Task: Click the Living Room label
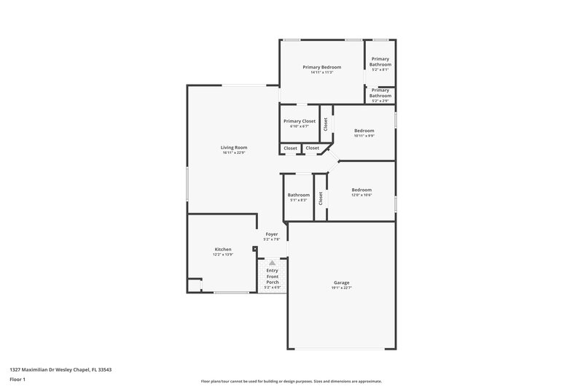pos(234,147)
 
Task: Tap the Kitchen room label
pos(222,249)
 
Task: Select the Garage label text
pos(341,282)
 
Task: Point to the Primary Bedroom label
pos(321,67)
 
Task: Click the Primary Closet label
pos(299,121)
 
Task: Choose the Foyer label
pos(271,234)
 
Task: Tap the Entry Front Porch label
pos(272,277)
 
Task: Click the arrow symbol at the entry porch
pos(272,263)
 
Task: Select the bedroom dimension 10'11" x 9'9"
pos(364,136)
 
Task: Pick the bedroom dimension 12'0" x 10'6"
pos(361,195)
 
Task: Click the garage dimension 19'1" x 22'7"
pos(341,288)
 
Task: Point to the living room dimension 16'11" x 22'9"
pos(234,153)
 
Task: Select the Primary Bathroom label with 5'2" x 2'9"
pos(380,93)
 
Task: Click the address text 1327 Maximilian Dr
pos(60,369)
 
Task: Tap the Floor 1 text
pos(17,380)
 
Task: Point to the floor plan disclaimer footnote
pos(291,381)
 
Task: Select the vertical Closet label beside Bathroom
pos(320,197)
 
